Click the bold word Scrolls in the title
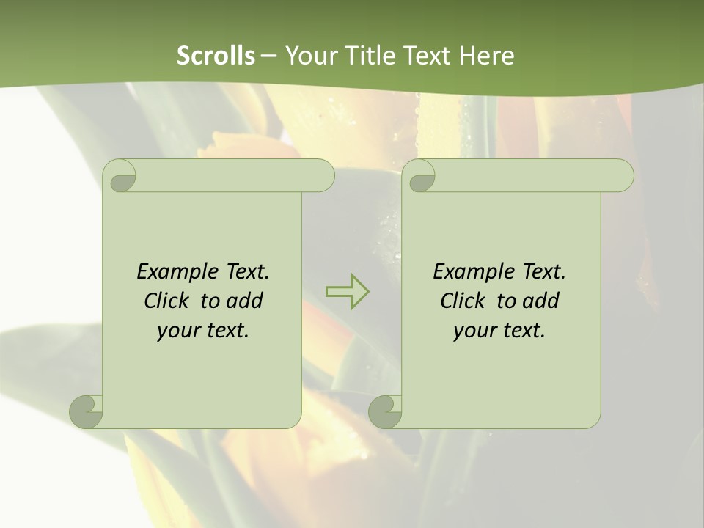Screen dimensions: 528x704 (216, 55)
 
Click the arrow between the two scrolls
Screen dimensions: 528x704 (347, 291)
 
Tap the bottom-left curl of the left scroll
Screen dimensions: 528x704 (85, 412)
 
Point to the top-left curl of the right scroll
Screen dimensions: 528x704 (421, 176)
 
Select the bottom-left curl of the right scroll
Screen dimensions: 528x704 (384, 412)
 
